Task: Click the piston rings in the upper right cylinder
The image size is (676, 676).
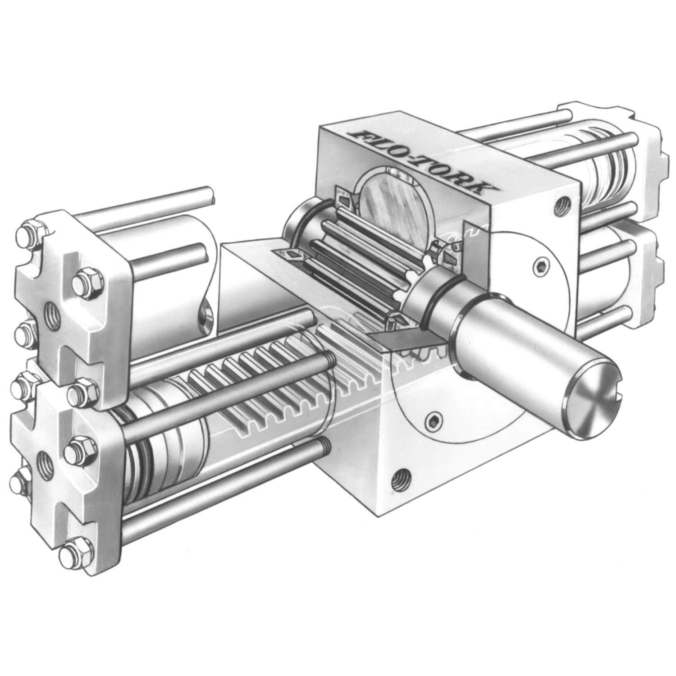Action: coord(608,162)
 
